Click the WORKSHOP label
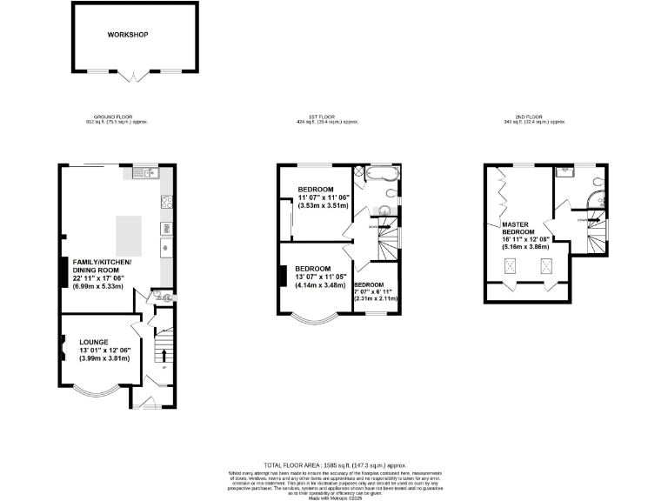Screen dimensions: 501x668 pos(129,35)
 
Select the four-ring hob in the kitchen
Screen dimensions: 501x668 pos(164,204)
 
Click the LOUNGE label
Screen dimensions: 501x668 pos(94,342)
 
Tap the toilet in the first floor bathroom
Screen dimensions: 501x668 pos(384,210)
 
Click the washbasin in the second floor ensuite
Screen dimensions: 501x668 pos(565,171)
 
